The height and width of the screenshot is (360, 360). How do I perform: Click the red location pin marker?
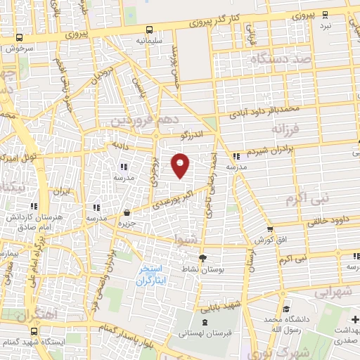(181, 166)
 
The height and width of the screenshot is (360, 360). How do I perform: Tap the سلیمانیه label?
(149, 41)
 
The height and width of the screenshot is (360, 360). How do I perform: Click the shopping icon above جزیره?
(126, 213)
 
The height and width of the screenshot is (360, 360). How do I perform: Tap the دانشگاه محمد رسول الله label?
(285, 324)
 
